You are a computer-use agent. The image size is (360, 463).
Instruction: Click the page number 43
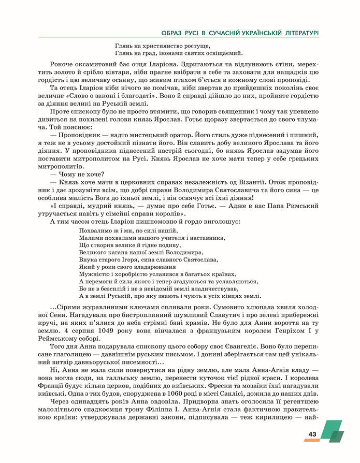click(x=312, y=434)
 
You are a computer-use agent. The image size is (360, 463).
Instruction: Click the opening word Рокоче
click(x=62, y=66)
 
